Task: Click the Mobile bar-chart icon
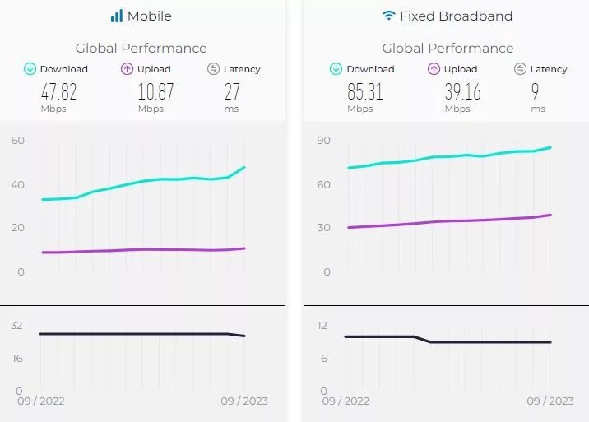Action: (117, 16)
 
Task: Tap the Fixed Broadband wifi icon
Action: (388, 16)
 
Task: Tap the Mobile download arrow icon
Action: (30, 69)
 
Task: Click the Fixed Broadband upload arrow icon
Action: (434, 69)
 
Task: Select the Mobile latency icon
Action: (213, 69)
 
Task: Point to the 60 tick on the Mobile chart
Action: (17, 141)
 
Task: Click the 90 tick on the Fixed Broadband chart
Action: (323, 141)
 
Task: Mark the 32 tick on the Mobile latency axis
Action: (16, 326)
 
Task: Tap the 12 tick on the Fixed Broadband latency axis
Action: (322, 326)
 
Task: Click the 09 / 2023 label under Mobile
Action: (244, 401)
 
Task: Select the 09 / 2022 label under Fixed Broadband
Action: (346, 401)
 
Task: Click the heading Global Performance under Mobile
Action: (141, 48)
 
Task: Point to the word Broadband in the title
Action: (479, 16)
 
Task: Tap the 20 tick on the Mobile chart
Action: (17, 228)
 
